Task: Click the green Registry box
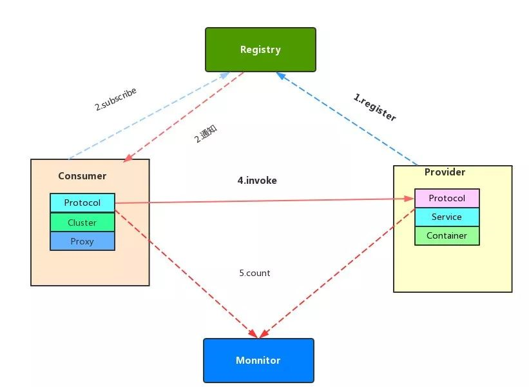(x=260, y=50)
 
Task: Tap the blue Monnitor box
(x=258, y=361)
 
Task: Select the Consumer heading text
(x=82, y=176)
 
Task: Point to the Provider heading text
(x=445, y=172)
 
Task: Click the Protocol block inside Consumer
(x=82, y=203)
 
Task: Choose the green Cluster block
(x=82, y=223)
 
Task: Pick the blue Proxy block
(x=82, y=241)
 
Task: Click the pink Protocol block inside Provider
(x=447, y=198)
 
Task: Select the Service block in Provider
(x=447, y=217)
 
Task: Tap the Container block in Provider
(x=447, y=235)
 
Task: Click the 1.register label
(x=374, y=107)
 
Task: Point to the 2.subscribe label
(x=116, y=99)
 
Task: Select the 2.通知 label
(x=206, y=134)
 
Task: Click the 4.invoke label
(x=257, y=181)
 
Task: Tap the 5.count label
(x=255, y=273)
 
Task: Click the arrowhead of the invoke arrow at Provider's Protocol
(x=410, y=199)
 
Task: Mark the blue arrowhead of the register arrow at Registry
(x=281, y=75)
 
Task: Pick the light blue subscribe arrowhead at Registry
(x=224, y=75)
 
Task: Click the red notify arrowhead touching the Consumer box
(x=128, y=158)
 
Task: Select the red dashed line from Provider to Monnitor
(x=338, y=273)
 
